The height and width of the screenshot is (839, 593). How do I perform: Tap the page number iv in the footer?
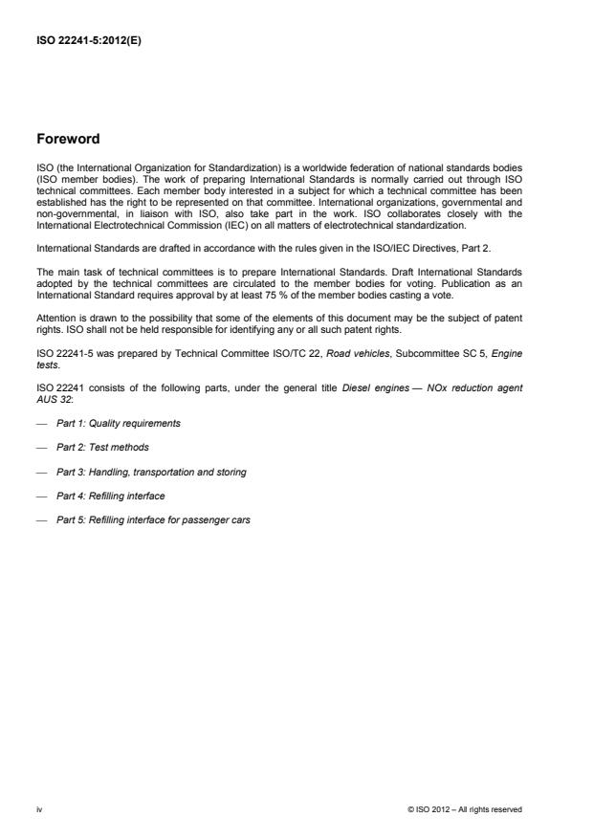[40, 809]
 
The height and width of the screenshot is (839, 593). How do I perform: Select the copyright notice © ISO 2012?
[464, 809]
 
